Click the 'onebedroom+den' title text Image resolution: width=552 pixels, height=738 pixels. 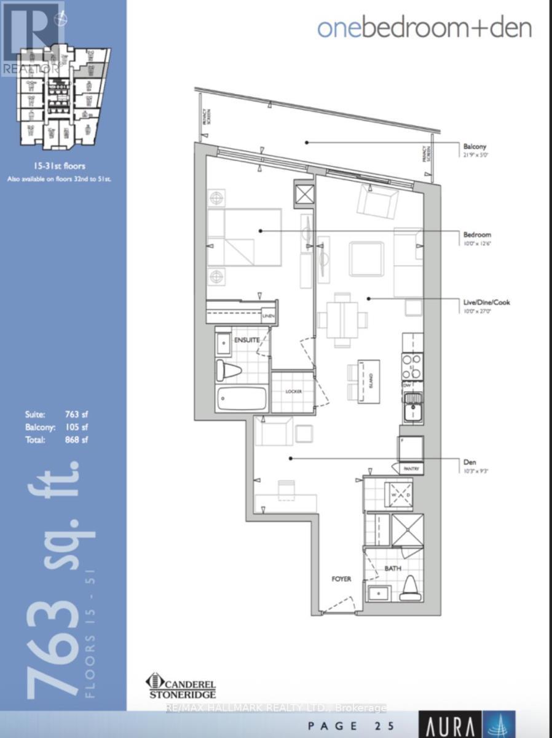pos(424,28)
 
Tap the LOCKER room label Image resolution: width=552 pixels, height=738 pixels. pos(291,391)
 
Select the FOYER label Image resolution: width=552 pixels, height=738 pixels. pos(341,579)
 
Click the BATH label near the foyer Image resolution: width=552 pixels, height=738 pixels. pos(393,569)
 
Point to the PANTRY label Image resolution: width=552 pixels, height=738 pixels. pos(411,469)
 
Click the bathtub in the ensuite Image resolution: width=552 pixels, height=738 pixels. pos(242,399)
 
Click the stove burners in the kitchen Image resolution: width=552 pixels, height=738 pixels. pos(412,365)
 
